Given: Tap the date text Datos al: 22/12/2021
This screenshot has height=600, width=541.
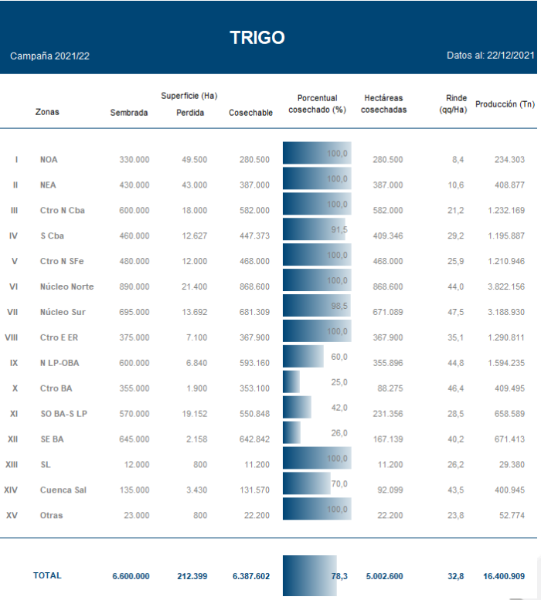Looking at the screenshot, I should click(x=490, y=56).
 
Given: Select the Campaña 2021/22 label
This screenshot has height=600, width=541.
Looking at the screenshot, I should click(x=50, y=56).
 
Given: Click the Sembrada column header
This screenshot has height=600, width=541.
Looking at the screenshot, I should click(x=129, y=113).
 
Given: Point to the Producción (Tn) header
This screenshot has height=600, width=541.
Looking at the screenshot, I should click(x=505, y=104).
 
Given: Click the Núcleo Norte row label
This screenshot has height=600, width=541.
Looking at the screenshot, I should click(x=66, y=286).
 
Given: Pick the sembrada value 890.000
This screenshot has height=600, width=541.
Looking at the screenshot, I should click(x=134, y=286).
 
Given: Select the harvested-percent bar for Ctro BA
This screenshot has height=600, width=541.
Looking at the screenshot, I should click(x=291, y=382).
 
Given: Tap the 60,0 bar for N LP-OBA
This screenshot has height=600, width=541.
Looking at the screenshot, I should click(x=303, y=357).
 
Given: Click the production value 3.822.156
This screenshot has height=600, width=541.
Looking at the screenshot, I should click(x=503, y=286).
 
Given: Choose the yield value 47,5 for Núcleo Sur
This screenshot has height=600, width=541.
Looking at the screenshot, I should click(x=455, y=312).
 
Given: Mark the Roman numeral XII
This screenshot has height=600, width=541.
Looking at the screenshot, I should click(x=12, y=439).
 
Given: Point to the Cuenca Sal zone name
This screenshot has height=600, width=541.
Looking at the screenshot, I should click(x=63, y=490).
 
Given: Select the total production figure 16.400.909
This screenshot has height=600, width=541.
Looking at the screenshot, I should click(x=502, y=575).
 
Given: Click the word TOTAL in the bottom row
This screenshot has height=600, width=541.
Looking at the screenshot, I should click(x=47, y=575).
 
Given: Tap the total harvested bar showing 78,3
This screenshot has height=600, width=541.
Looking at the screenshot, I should click(x=310, y=575).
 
